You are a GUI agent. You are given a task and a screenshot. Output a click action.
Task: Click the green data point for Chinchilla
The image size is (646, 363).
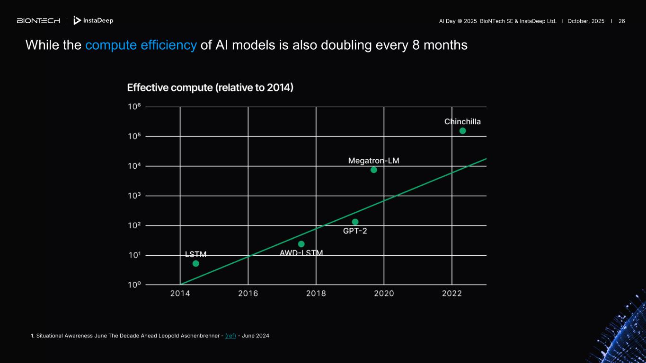pyautogui.click(x=462, y=131)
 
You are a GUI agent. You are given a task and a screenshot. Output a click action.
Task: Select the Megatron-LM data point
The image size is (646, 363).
pyautogui.click(x=373, y=170)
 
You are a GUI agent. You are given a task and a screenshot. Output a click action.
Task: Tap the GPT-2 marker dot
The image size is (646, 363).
pyautogui.click(x=355, y=222)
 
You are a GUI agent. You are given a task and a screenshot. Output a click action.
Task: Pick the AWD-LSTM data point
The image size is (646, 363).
pyautogui.click(x=301, y=244)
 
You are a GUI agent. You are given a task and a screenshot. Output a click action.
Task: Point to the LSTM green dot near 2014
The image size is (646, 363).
pyautogui.click(x=195, y=264)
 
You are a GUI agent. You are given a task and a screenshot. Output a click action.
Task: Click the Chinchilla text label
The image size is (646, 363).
pyautogui.click(x=462, y=122)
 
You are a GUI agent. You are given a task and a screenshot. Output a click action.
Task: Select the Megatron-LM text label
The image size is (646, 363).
pyautogui.click(x=373, y=161)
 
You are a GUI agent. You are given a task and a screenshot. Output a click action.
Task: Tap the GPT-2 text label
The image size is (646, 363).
pyautogui.click(x=355, y=231)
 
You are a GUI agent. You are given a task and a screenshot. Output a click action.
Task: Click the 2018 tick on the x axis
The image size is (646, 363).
pyautogui.click(x=316, y=294)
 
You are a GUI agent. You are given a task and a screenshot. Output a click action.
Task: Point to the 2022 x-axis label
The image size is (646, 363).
pyautogui.click(x=451, y=294)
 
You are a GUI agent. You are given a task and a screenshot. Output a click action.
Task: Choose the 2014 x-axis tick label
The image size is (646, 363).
pyautogui.click(x=180, y=294)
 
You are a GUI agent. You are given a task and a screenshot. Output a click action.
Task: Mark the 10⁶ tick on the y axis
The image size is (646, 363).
pyautogui.click(x=135, y=107)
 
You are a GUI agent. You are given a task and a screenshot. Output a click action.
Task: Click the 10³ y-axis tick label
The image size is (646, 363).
pyautogui.click(x=135, y=196)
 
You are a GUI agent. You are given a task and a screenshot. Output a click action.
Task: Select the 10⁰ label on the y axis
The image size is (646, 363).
pyautogui.click(x=135, y=285)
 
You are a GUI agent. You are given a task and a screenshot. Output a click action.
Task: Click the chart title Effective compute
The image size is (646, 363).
pyautogui.click(x=210, y=88)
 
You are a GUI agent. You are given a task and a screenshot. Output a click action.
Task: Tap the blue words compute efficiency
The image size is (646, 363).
pyautogui.click(x=141, y=45)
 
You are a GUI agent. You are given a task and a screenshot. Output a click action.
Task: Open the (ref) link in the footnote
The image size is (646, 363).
pyautogui.click(x=230, y=336)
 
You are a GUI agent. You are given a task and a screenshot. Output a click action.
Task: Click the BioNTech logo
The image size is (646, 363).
pyautogui.click(x=38, y=21)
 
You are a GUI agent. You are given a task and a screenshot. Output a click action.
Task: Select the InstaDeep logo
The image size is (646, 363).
pyautogui.click(x=93, y=21)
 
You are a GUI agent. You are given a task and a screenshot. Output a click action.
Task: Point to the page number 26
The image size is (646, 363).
pyautogui.click(x=621, y=21)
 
